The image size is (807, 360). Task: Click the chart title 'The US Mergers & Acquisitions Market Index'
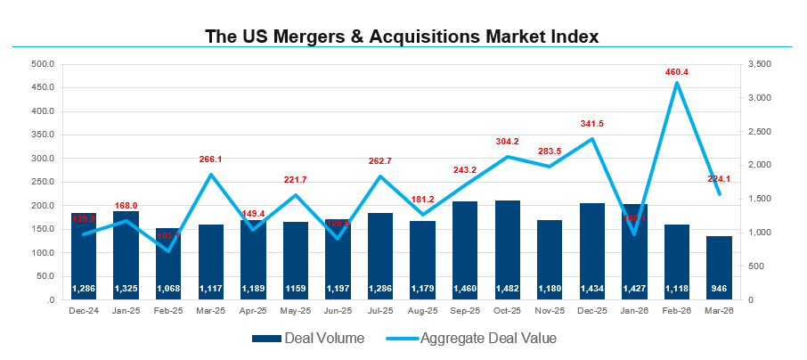coord(402,37)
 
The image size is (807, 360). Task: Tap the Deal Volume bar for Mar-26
coord(719,267)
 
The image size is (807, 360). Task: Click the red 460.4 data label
coord(677,71)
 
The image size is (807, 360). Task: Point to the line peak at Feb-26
coord(677,83)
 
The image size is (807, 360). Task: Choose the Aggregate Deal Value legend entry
coord(472,338)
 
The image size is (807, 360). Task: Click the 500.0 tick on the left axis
coord(42,64)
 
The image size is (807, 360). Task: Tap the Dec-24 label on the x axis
coord(83,311)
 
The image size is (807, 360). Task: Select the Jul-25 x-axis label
coord(379,311)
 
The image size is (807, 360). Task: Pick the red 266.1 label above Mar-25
coord(210,160)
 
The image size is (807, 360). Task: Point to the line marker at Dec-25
coord(592,139)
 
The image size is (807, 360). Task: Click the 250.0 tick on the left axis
coord(42,182)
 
